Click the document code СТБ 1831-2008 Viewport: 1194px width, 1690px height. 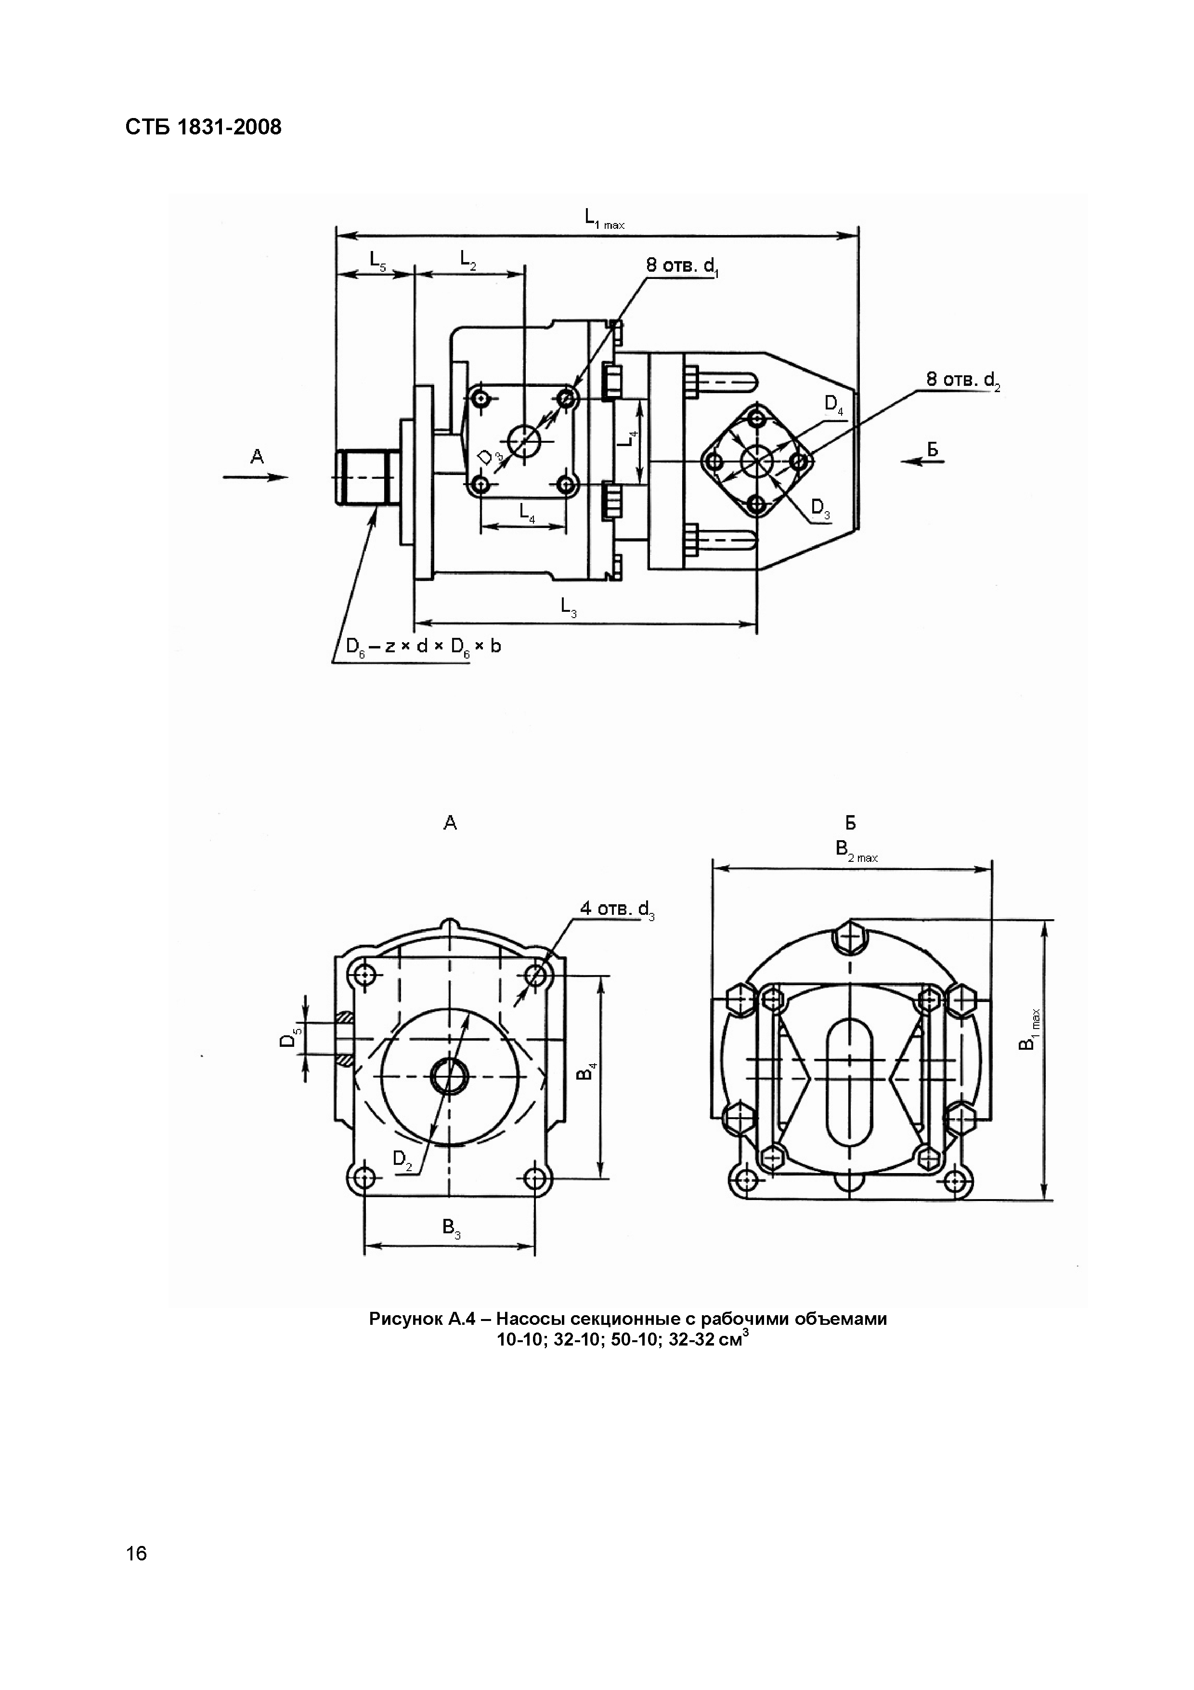(204, 127)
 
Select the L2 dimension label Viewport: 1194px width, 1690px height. (468, 260)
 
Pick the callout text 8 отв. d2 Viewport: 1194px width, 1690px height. (963, 381)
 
